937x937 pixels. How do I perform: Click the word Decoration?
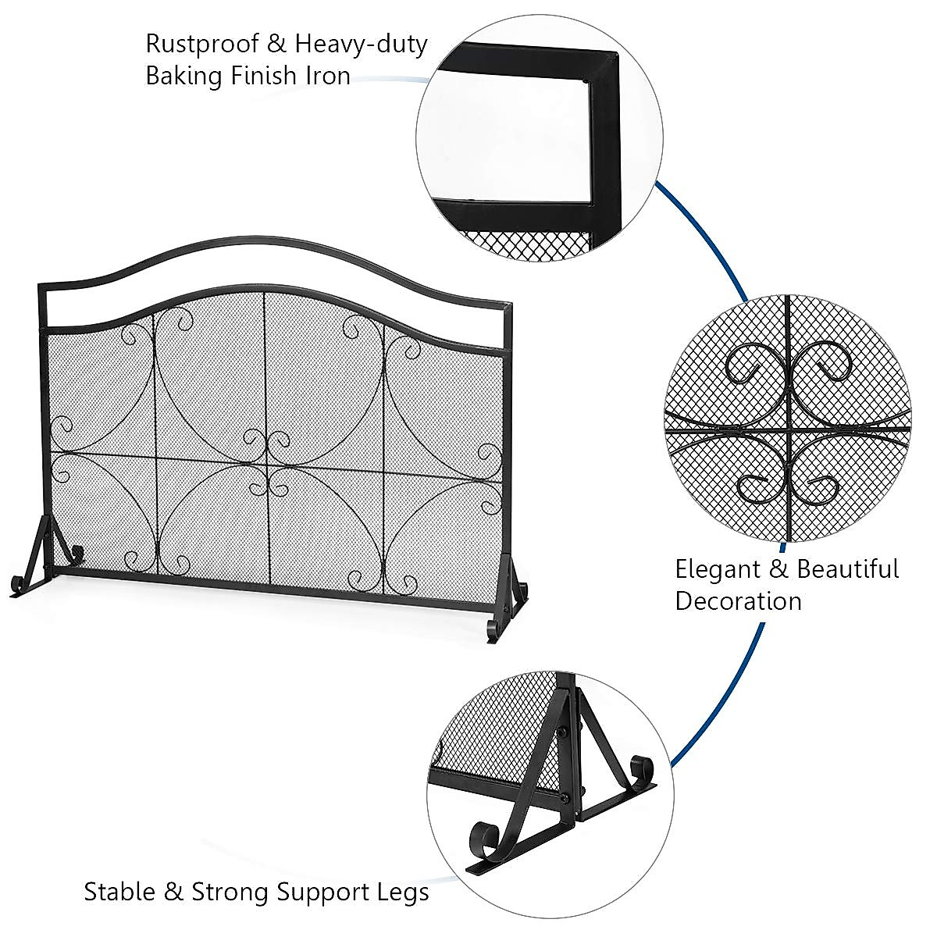[x=739, y=601]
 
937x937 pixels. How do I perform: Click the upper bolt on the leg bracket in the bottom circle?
[x=563, y=732]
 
